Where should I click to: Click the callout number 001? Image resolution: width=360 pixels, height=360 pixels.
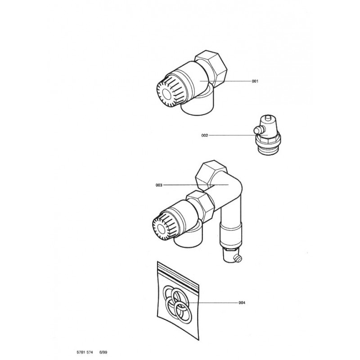pyautogui.click(x=255, y=81)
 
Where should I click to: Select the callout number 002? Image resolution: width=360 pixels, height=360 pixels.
pyautogui.click(x=205, y=135)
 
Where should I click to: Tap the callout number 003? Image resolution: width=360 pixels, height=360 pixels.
pyautogui.click(x=159, y=185)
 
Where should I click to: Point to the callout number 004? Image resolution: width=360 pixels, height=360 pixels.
pyautogui.click(x=242, y=302)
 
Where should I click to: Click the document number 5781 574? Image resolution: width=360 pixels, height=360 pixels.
pyautogui.click(x=85, y=352)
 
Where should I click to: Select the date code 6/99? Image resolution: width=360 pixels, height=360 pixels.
pyautogui.click(x=103, y=352)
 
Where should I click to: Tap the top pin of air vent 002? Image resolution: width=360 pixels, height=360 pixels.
pyautogui.click(x=268, y=118)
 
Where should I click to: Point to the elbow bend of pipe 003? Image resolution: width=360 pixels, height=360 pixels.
pyautogui.click(x=234, y=184)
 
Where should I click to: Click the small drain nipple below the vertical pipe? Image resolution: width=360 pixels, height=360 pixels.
pyautogui.click(x=238, y=259)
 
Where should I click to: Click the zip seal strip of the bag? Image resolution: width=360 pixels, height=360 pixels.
pyautogui.click(x=178, y=274)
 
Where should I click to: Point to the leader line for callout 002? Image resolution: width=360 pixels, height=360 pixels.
pyautogui.click(x=232, y=135)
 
